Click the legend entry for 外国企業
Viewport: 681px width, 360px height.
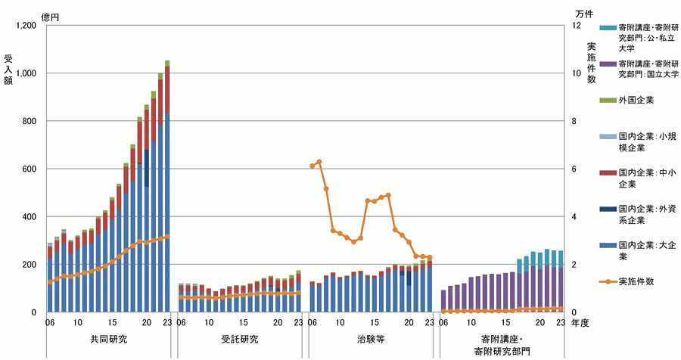(636, 100)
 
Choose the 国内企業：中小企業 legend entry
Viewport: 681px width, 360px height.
(647, 178)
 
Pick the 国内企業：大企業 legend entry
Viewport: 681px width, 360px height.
(647, 250)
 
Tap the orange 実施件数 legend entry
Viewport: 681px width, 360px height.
(636, 281)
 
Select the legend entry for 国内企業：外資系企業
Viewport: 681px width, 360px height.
(647, 214)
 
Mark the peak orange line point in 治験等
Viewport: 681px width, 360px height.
(319, 162)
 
